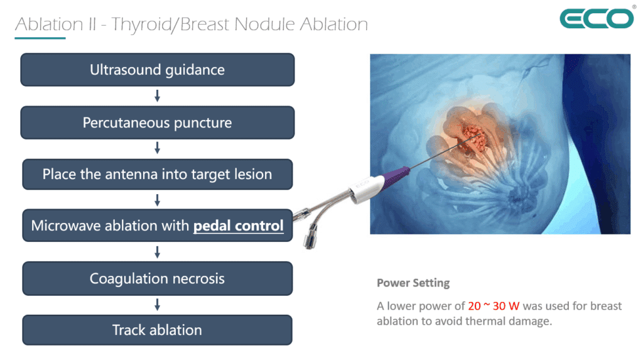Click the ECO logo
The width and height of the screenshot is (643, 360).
(597, 18)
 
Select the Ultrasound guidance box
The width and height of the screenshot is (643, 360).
(158, 69)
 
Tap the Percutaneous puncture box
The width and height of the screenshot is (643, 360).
(158, 123)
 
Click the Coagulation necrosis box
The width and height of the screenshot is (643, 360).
(158, 278)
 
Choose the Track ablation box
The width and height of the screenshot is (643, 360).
(158, 330)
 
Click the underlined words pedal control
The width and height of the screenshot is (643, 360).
(238, 226)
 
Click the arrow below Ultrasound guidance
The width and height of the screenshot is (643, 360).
(157, 96)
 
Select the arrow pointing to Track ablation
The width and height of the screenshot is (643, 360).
(157, 305)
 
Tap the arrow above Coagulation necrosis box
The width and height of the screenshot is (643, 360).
(157, 252)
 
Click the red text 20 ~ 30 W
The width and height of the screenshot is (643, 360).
(494, 306)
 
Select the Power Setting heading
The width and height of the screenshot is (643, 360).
(413, 283)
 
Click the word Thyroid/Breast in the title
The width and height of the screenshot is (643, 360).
(171, 25)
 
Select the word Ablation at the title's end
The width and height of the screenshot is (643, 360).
(334, 24)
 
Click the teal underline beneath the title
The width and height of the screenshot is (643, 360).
(40, 38)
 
